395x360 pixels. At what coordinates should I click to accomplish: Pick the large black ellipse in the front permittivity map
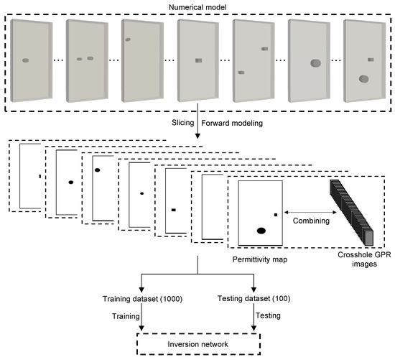(x=261, y=231)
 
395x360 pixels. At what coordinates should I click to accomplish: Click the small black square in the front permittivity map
(x=275, y=213)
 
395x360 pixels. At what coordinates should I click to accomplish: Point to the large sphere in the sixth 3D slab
(x=315, y=64)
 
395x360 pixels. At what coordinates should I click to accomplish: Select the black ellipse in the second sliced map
(x=70, y=183)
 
